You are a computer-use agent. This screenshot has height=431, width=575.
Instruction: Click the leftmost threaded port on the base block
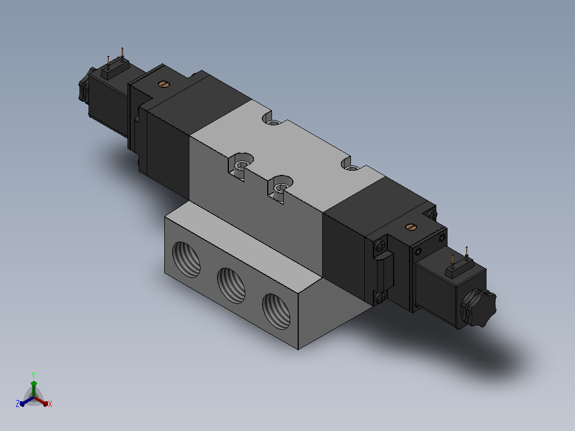187,259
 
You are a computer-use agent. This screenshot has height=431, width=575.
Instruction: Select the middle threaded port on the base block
231,285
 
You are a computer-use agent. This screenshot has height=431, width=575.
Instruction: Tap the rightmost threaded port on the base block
276,312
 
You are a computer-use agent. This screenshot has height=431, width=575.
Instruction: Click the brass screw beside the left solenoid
164,84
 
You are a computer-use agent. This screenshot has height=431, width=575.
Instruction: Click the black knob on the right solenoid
478,307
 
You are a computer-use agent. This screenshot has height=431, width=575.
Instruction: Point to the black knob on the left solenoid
84,85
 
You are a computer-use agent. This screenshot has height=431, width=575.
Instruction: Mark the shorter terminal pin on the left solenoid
108,62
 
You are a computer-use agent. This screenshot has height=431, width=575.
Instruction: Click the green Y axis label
34,375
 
